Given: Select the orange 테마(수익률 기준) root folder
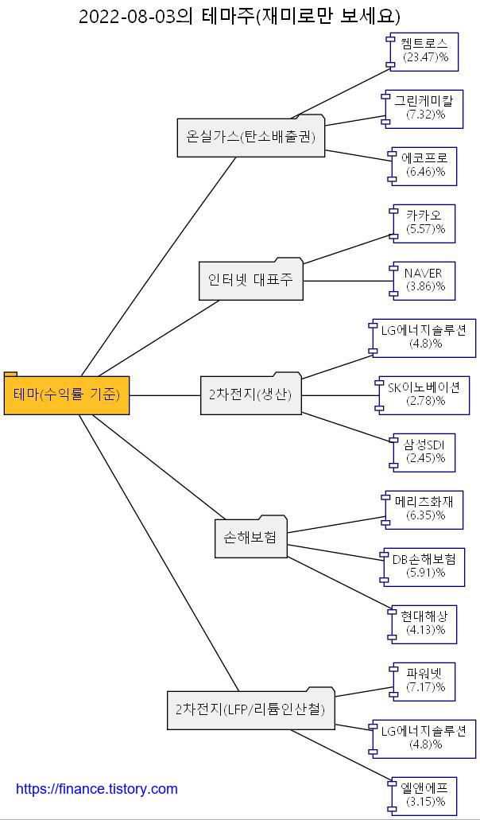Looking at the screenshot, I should point(67,394).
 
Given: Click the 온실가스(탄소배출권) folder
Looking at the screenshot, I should point(250,138).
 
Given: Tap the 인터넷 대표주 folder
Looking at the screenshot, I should point(250,281).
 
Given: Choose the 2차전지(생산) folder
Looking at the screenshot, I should point(250,394).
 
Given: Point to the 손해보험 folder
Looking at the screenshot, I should point(250,538).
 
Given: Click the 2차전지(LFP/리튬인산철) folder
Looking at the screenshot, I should point(250,709).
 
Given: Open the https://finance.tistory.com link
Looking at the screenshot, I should point(97,789).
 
